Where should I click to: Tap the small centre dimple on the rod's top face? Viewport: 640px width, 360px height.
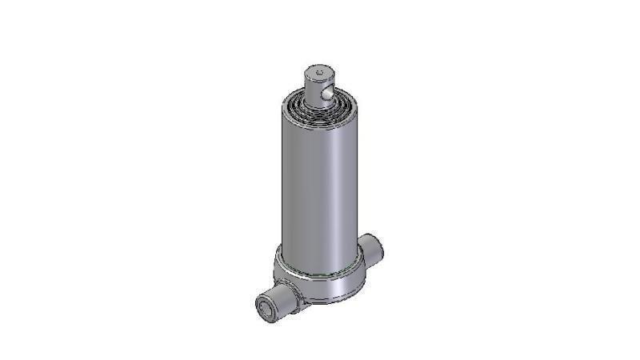point(318,73)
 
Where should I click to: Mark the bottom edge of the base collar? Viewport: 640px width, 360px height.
point(328,302)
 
